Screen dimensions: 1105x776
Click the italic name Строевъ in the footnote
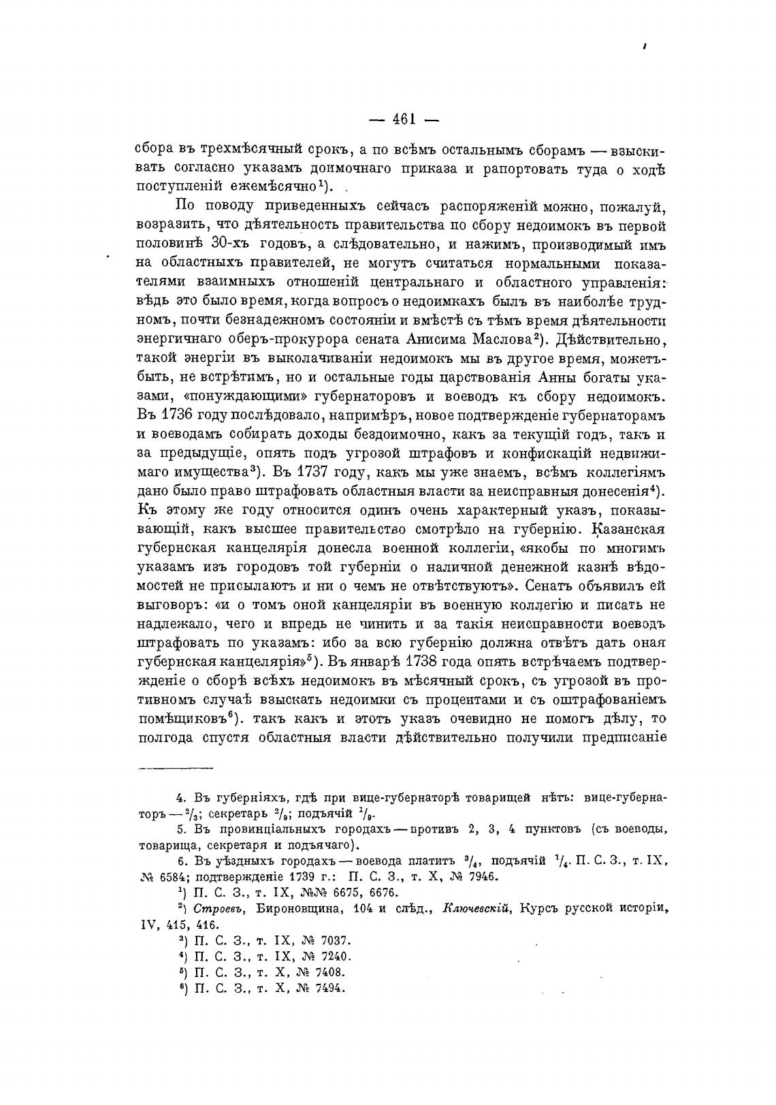click(x=216, y=909)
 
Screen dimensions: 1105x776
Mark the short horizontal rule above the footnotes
click(x=176, y=768)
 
